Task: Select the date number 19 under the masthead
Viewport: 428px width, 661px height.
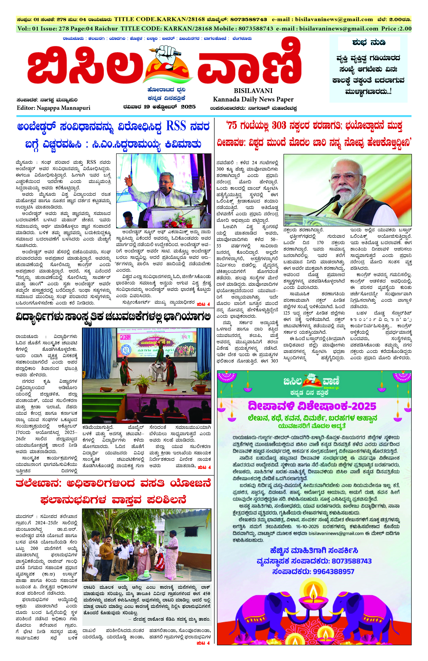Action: pos(147,107)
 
